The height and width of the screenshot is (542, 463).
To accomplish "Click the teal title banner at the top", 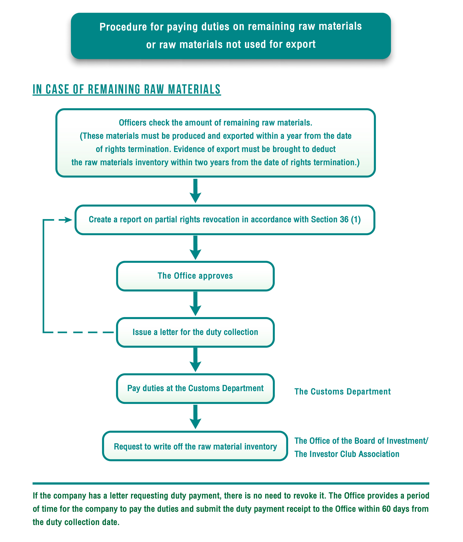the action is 231,36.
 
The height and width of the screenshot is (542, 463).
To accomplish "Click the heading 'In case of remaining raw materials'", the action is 127,90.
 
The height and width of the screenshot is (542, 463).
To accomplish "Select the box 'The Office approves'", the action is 195,276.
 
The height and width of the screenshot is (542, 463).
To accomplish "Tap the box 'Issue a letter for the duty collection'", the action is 195,332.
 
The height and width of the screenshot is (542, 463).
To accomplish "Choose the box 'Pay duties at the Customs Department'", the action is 195,389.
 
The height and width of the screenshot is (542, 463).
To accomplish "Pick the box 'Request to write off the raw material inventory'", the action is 195,446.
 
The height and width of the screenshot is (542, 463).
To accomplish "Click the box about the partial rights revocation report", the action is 225,220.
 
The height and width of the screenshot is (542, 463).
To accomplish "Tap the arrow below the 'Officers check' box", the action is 195,191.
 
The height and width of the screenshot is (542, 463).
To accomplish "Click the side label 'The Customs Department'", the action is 342,392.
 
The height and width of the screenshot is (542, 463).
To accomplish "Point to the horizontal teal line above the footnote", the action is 231,483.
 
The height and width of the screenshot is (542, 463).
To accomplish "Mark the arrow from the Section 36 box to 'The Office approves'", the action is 195,248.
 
